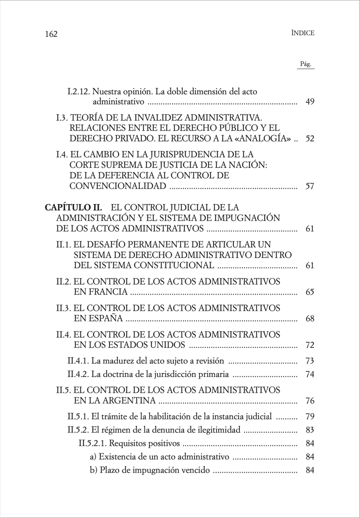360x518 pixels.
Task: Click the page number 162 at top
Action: point(51,34)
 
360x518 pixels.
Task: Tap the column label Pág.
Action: point(306,64)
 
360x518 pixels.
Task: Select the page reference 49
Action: point(310,102)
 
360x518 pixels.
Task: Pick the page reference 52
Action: point(310,138)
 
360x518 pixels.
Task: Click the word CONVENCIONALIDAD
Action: point(118,186)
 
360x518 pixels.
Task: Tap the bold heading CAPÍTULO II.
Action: point(73,207)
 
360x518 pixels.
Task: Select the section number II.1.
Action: point(63,244)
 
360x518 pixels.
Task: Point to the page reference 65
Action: point(310,292)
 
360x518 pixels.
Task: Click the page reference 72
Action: point(310,345)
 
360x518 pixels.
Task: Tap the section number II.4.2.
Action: point(78,374)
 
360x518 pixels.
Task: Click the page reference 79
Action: point(310,417)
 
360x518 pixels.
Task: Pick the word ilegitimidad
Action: point(219,430)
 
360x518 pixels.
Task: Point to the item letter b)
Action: point(94,470)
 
